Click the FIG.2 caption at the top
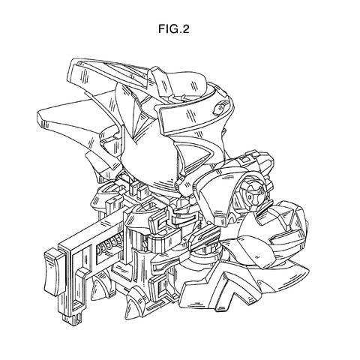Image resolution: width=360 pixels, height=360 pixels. pyautogui.click(x=174, y=29)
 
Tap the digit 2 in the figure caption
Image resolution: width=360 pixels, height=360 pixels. pyautogui.click(x=185, y=29)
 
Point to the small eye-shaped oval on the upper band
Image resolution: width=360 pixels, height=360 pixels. pyautogui.click(x=220, y=108)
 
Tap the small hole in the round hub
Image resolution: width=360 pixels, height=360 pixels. pyautogui.click(x=250, y=198)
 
